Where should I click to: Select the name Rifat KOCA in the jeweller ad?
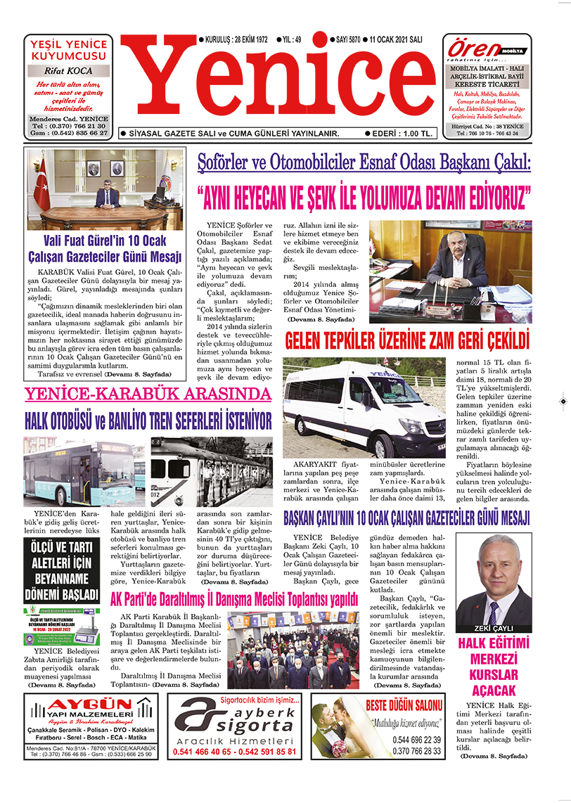68,71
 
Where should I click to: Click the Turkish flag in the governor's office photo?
43,184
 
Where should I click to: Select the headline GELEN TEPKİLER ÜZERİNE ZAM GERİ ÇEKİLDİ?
406,342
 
